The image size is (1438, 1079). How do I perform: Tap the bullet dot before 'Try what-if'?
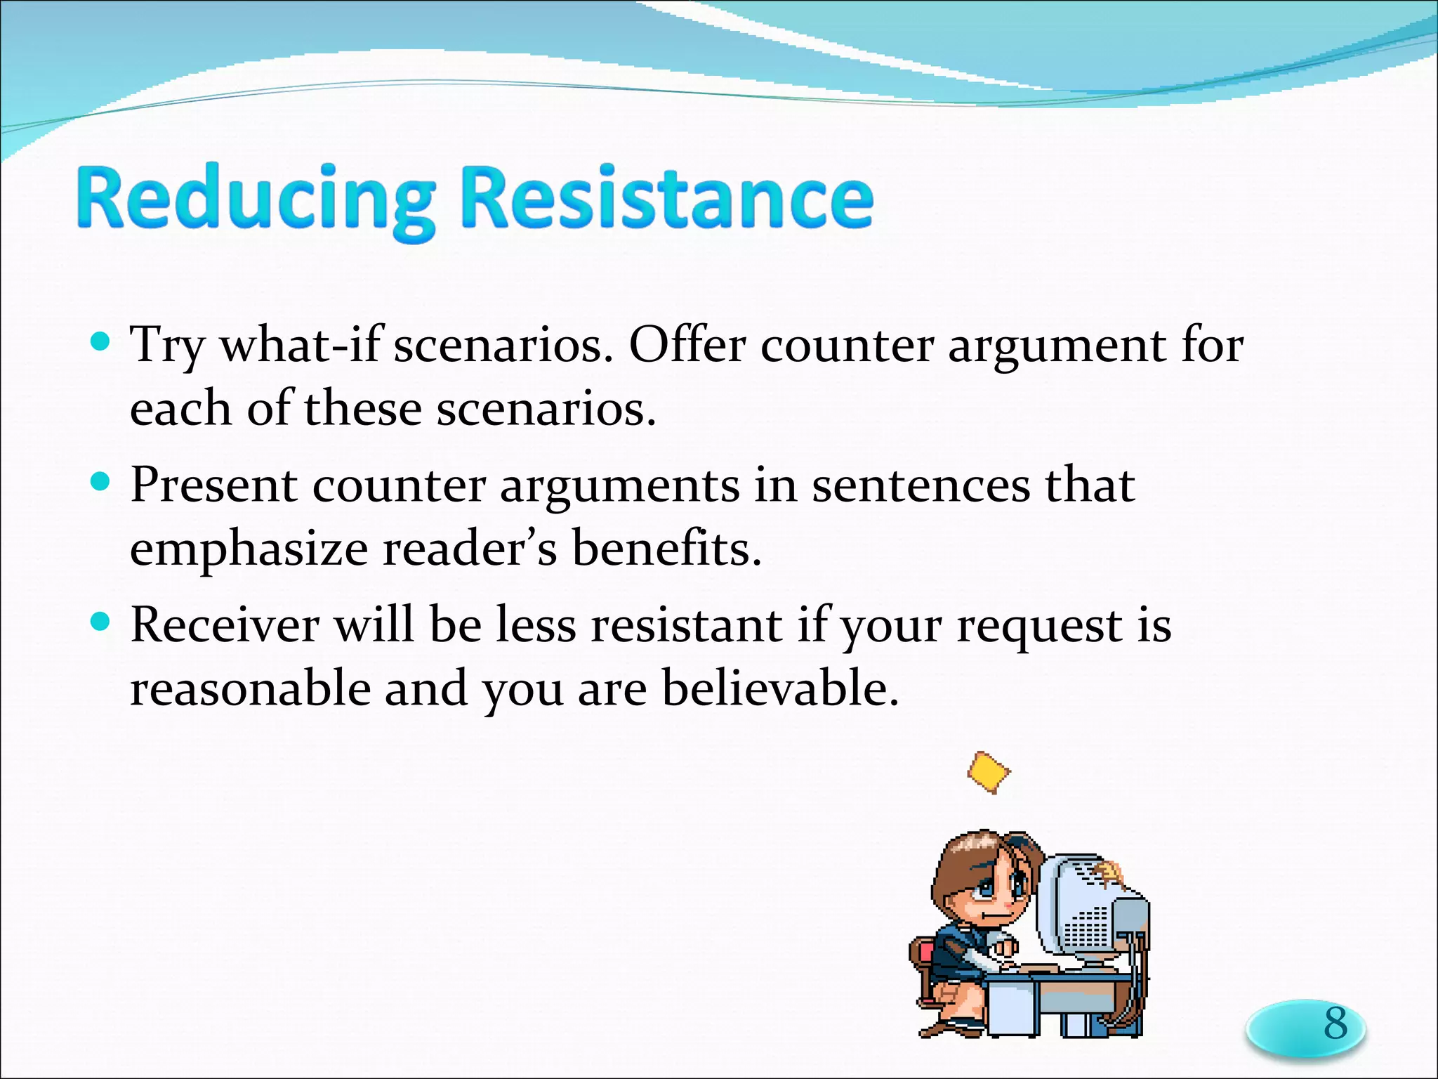click(x=101, y=342)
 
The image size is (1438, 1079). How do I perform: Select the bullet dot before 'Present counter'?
click(x=101, y=482)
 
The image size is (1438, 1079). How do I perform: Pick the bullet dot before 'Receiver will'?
click(x=101, y=622)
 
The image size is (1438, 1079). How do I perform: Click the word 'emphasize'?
click(x=249, y=549)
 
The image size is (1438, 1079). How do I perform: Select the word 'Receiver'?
click(x=224, y=624)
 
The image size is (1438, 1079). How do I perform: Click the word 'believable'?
click(x=779, y=688)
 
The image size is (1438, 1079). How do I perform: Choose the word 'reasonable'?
click(x=249, y=689)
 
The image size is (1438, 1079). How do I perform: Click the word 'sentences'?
click(x=921, y=486)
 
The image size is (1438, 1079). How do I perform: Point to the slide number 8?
click(x=1335, y=1024)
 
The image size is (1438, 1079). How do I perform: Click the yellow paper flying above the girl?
click(x=989, y=772)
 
